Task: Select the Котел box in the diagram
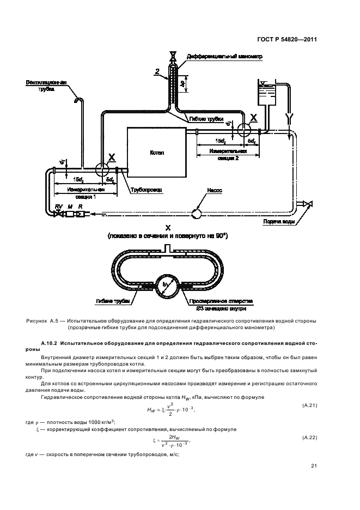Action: [157, 153]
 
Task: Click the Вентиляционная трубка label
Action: [46, 86]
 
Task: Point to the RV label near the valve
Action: [58, 206]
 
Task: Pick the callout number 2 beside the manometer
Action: [157, 71]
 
